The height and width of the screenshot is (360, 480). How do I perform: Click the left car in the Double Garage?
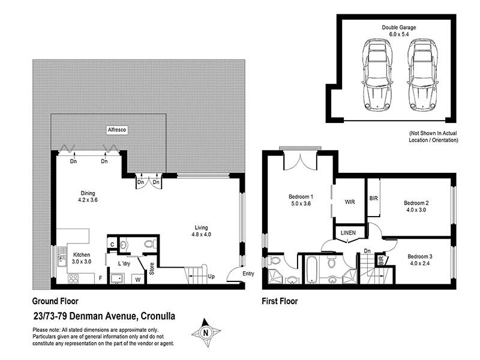click(x=376, y=74)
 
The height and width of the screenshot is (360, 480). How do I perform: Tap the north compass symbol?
click(x=206, y=332)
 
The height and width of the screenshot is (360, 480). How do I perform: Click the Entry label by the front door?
click(x=248, y=274)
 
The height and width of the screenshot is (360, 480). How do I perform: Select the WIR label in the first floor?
click(x=350, y=202)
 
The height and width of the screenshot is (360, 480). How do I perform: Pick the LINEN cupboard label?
click(x=349, y=232)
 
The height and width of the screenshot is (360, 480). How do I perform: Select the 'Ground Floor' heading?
click(x=55, y=301)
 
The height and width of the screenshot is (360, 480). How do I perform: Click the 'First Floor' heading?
click(x=280, y=301)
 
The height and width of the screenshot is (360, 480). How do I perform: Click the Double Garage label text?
click(x=399, y=28)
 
